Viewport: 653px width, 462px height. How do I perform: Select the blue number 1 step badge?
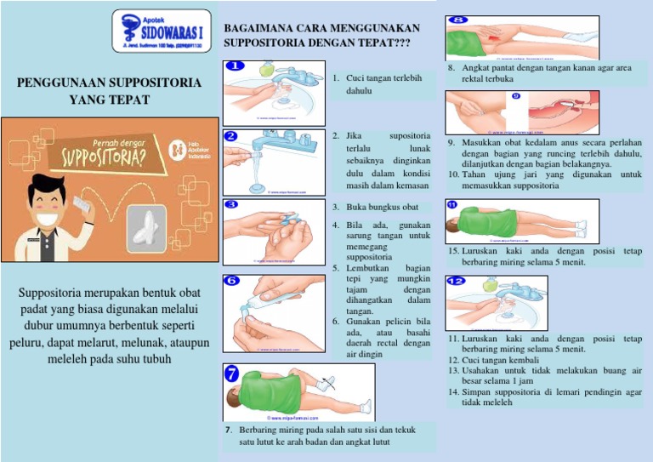[235, 66]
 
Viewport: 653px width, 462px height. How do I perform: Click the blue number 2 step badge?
[232, 135]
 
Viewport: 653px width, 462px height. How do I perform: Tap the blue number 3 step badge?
[232, 204]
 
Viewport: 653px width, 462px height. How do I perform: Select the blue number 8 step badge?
[457, 20]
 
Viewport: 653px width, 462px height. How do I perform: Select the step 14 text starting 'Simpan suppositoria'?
[544, 396]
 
